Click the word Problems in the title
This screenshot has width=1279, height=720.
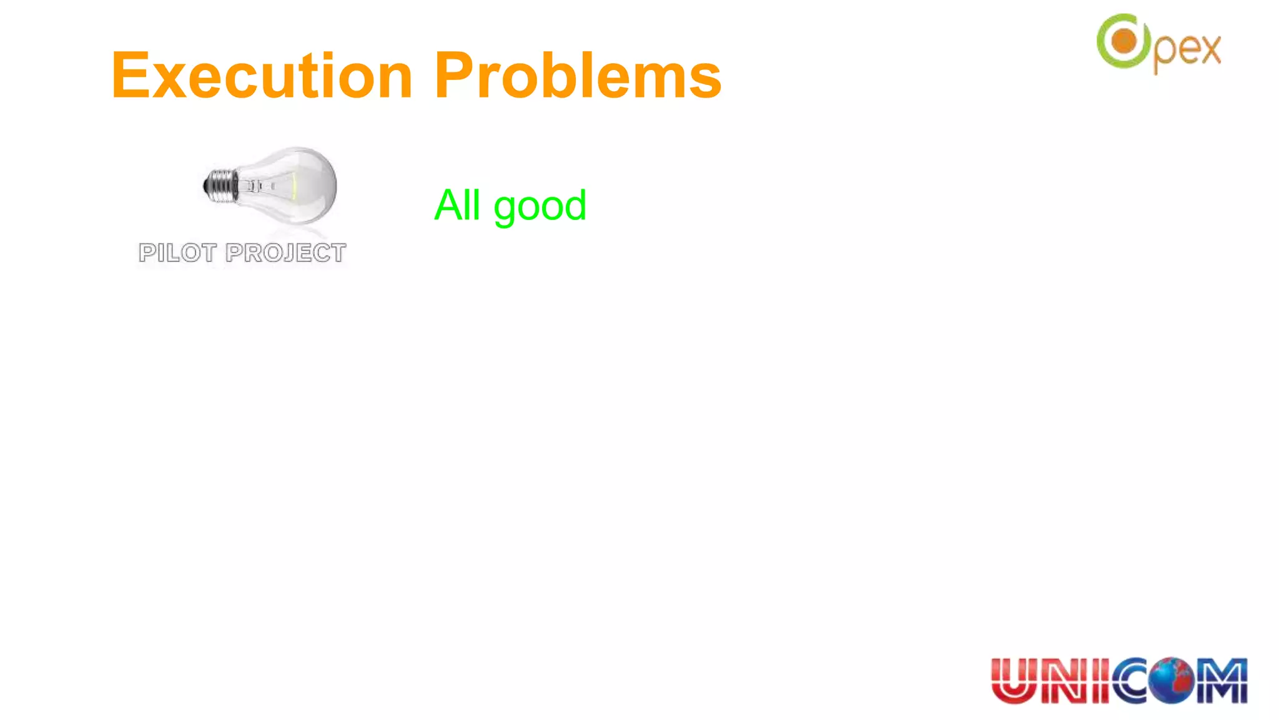click(x=578, y=76)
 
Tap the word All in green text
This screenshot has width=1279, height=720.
click(x=457, y=205)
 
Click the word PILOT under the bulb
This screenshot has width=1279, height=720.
click(x=177, y=253)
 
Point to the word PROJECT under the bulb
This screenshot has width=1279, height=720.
click(x=285, y=253)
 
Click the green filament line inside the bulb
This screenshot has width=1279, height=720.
click(x=294, y=186)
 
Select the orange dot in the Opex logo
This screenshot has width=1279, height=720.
click(x=1125, y=42)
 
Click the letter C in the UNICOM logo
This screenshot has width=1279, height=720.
click(x=1133, y=681)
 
